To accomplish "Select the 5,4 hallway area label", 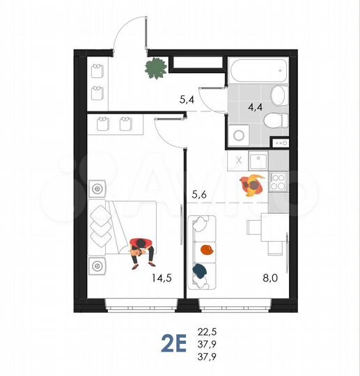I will click(x=186, y=100).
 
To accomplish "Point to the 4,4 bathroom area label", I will click(x=253, y=107).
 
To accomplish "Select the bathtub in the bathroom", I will click(x=257, y=71).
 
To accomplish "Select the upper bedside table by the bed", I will click(x=97, y=188).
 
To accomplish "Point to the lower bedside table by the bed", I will click(x=97, y=265).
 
